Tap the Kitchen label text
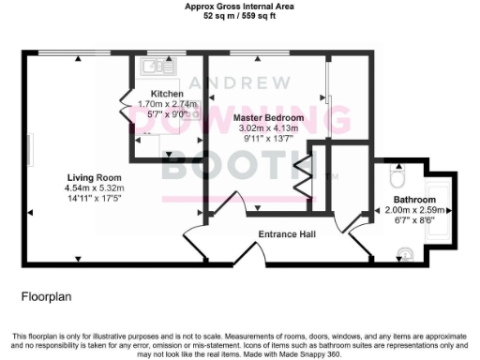coord(167,94)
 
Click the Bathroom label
coord(413,201)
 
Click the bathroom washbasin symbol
coord(404,251)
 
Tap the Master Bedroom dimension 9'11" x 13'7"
coord(268,139)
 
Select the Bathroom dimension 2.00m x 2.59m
coord(413,211)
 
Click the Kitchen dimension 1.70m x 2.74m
coord(167,104)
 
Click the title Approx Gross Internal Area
coord(239,7)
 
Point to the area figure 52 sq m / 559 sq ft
coord(239,16)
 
